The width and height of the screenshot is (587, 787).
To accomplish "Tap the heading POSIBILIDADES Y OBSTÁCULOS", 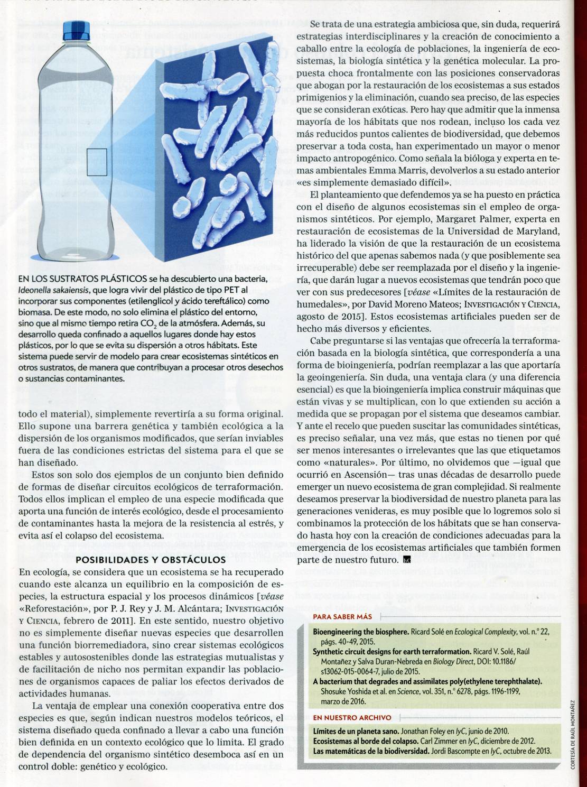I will (151, 560).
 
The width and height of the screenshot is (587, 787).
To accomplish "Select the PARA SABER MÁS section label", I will (342, 616).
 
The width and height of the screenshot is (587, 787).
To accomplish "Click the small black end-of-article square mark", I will (406, 559).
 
